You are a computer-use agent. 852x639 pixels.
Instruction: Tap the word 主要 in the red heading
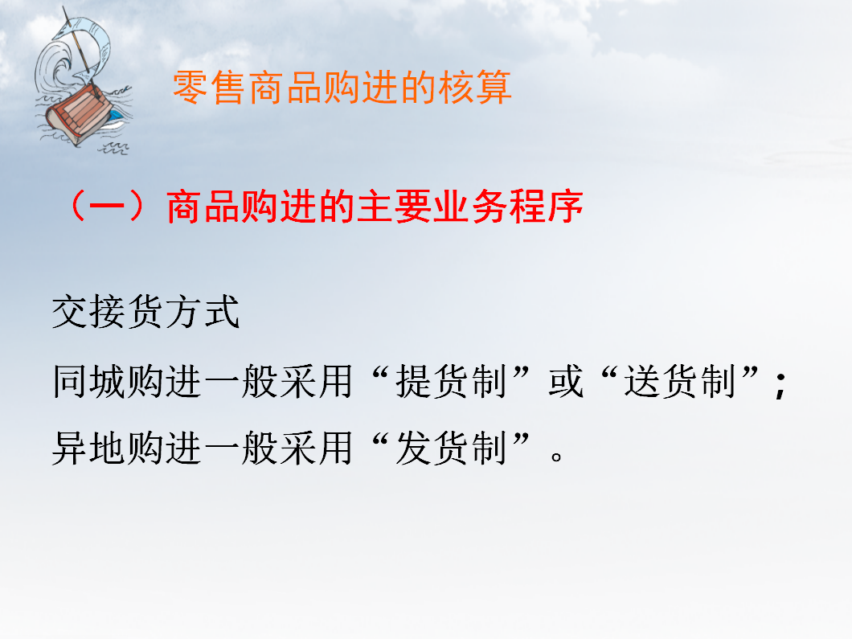click(x=393, y=207)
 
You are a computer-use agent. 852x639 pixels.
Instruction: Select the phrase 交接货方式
click(x=145, y=312)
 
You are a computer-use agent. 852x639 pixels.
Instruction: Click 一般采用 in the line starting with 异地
click(x=277, y=448)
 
